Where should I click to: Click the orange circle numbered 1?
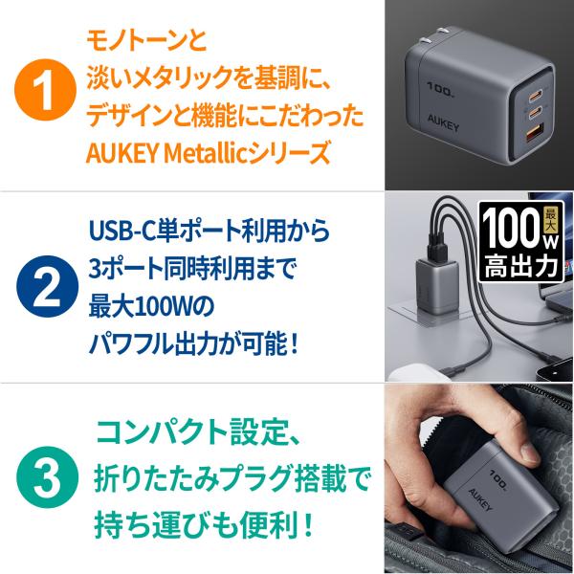point(45,90)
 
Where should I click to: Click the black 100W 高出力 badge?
point(521,242)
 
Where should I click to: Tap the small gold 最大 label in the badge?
point(550,220)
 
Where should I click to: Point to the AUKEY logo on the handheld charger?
point(480,499)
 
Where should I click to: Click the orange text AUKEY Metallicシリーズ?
point(208,153)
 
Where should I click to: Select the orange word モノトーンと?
point(146,41)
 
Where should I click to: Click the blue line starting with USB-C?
point(209,231)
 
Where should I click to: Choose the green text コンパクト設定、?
point(198,433)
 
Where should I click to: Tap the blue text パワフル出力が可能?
point(193,343)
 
